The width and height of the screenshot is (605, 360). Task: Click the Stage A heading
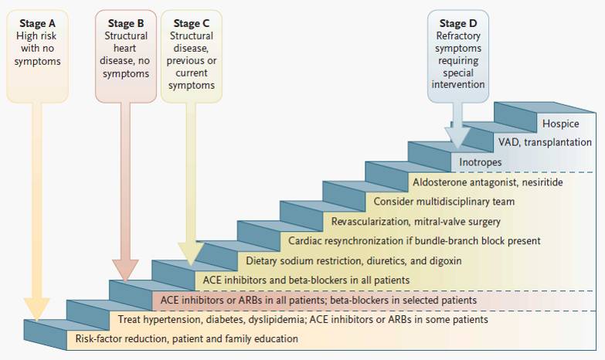point(37,23)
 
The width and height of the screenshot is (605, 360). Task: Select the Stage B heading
point(125,23)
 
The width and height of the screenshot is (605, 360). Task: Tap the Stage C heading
point(192,23)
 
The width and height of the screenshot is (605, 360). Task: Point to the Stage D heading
point(459,23)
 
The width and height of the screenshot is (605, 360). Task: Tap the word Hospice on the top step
point(560,124)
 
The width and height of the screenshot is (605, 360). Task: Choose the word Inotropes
point(481,163)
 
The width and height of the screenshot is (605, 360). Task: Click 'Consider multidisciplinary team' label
point(444,202)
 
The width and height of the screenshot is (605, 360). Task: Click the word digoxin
point(444,260)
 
